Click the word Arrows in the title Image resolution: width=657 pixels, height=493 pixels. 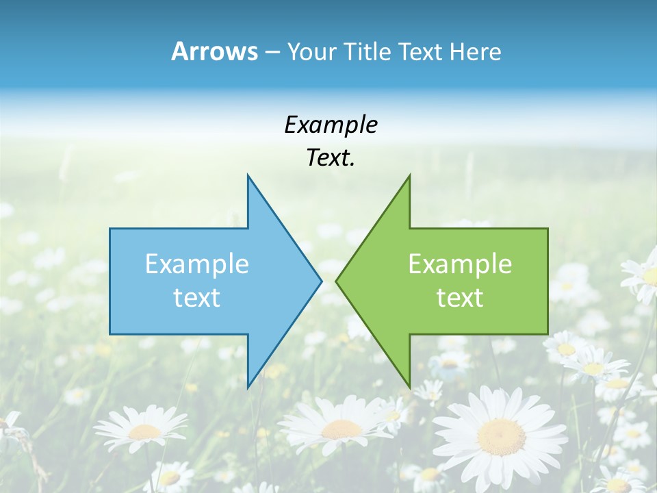214,51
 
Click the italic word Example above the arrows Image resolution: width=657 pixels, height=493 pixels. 331,125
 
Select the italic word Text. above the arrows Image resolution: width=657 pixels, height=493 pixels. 331,158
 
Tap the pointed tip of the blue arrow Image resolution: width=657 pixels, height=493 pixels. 320,281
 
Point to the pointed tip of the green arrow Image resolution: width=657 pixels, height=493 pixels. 337,281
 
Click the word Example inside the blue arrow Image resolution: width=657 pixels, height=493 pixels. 197,264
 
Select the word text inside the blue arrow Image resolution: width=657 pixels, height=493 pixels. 197,298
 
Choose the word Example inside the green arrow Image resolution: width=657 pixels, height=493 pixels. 460,264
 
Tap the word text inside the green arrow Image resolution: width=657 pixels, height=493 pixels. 460,298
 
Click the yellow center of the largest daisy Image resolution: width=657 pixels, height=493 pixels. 501,436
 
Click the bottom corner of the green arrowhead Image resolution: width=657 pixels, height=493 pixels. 409,386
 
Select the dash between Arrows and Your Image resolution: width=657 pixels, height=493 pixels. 272,52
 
